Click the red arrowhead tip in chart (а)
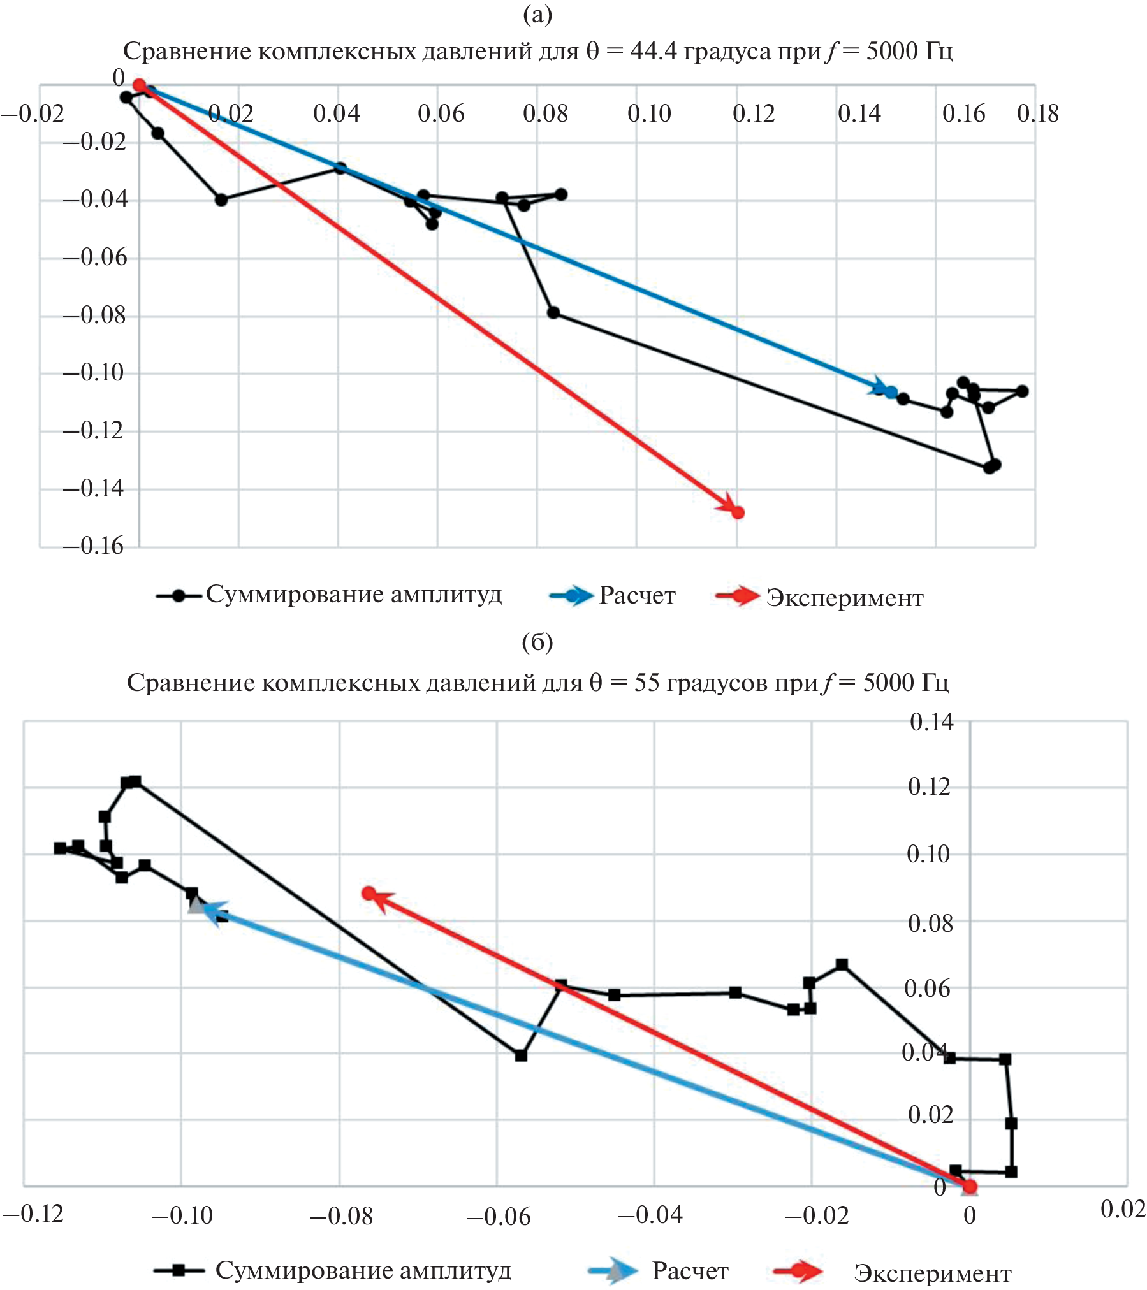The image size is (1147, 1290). coord(736,512)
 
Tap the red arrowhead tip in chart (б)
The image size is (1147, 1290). coord(370,894)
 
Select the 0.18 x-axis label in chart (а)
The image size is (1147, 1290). coord(1037,113)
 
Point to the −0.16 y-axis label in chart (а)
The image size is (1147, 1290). coord(93,546)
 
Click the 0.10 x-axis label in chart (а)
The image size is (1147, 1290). coord(649,113)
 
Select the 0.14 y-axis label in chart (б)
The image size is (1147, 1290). coord(931,722)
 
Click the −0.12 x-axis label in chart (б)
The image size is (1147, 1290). coord(33,1214)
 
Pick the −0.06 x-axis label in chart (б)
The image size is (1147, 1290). coord(498,1217)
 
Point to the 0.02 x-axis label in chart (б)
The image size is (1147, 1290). coord(1123,1209)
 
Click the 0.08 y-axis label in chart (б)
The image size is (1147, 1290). coord(930,924)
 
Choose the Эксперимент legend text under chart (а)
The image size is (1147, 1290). coord(844,598)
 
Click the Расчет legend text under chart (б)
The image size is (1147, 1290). coord(690,1271)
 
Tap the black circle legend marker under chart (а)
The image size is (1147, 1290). coord(179,596)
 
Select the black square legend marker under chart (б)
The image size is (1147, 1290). coord(179,1270)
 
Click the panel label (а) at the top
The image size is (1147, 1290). coord(537,15)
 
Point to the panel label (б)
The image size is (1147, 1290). coord(537,642)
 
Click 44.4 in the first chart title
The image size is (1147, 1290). coord(654,51)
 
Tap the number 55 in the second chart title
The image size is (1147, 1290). coord(647,683)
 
